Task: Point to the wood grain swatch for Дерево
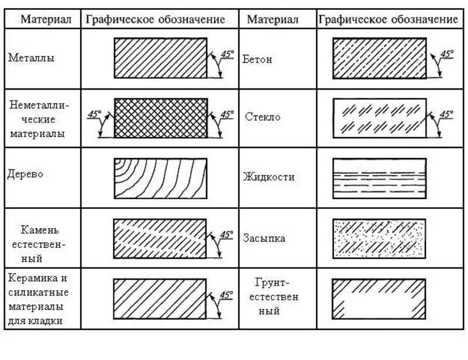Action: click(x=160, y=177)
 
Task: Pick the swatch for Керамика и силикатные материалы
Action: click(x=160, y=297)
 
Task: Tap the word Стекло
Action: click(x=263, y=116)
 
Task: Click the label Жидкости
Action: click(x=269, y=177)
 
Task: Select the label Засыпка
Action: click(x=264, y=238)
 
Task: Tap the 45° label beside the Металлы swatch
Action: click(x=226, y=54)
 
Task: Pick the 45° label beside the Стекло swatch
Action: click(x=446, y=114)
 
